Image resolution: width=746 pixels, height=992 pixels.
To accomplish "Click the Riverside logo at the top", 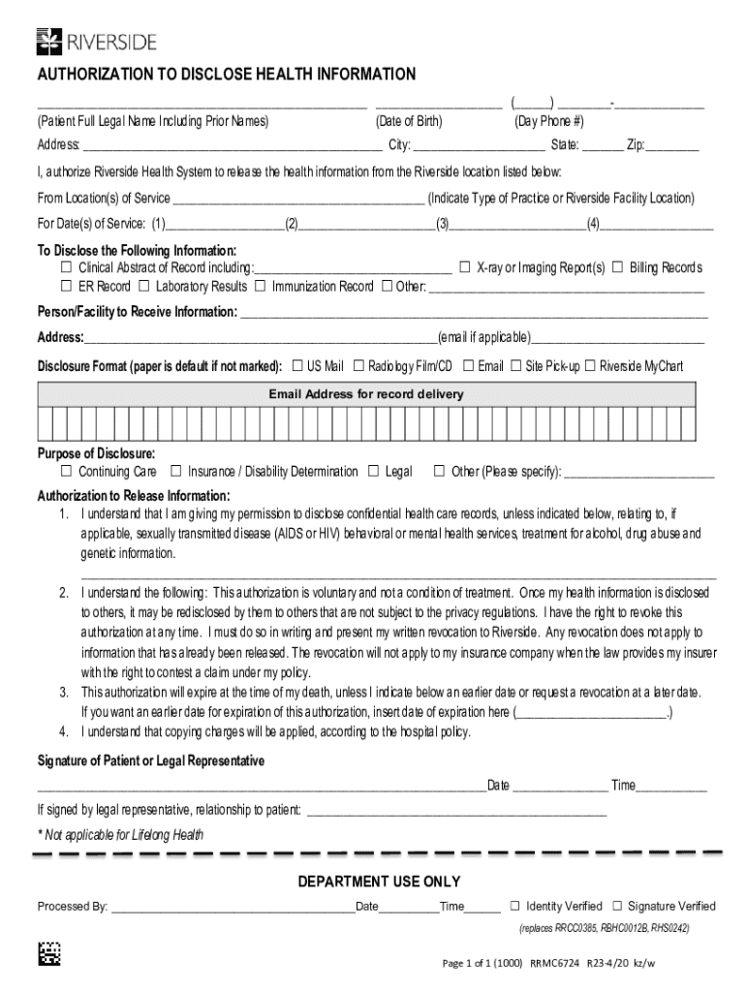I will (96, 41).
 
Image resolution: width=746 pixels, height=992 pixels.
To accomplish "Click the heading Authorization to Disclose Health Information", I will (226, 76).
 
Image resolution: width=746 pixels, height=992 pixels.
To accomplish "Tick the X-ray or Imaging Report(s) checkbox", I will (465, 267).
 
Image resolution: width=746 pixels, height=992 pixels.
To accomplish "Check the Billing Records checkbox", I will (619, 267).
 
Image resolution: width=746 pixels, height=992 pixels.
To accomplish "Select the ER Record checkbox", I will (67, 287).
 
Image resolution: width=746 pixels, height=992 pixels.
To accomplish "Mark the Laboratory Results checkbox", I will (143, 287).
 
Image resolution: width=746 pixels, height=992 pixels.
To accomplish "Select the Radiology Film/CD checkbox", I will (358, 366).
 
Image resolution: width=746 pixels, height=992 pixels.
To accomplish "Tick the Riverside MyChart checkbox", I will (589, 366).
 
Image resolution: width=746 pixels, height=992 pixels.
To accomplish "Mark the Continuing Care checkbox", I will (67, 472).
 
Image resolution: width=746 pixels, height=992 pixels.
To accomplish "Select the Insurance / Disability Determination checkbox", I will (176, 472).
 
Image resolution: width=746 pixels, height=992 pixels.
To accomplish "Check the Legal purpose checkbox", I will (374, 472).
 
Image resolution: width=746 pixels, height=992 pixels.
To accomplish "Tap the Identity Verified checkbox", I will (515, 906).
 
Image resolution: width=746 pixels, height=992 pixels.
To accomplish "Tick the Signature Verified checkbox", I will (617, 906).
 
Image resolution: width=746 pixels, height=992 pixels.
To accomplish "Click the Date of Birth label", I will (409, 121).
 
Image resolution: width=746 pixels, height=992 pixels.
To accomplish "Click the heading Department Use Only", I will (379, 882).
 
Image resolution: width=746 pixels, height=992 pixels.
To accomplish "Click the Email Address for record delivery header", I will (366, 394).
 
